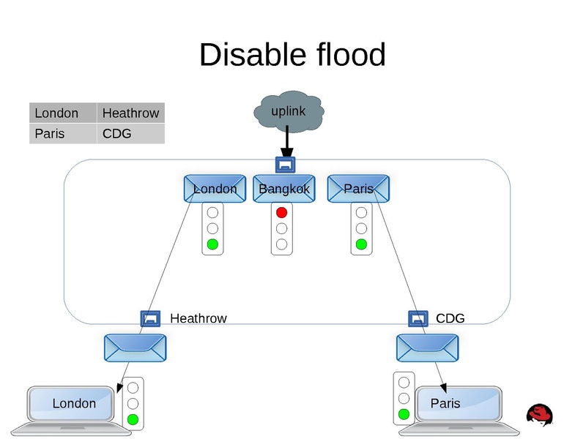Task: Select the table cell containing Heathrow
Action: click(x=130, y=113)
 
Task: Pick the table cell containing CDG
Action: click(x=130, y=134)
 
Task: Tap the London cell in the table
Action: click(x=63, y=113)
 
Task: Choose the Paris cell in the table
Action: click(x=63, y=134)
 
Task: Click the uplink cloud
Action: click(x=288, y=111)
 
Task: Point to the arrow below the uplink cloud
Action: click(x=286, y=140)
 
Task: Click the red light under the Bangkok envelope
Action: click(x=281, y=213)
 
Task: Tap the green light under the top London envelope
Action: click(x=212, y=244)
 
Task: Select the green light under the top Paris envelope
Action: click(x=361, y=244)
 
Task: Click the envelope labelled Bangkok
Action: click(x=284, y=189)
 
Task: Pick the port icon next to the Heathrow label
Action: click(x=150, y=318)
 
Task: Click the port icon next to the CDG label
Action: click(x=418, y=318)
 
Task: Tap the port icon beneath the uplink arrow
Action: click(x=285, y=165)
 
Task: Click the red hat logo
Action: click(x=540, y=414)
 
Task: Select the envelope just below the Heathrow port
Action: click(x=135, y=348)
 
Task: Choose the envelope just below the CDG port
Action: click(x=427, y=348)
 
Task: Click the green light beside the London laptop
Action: click(x=133, y=419)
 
